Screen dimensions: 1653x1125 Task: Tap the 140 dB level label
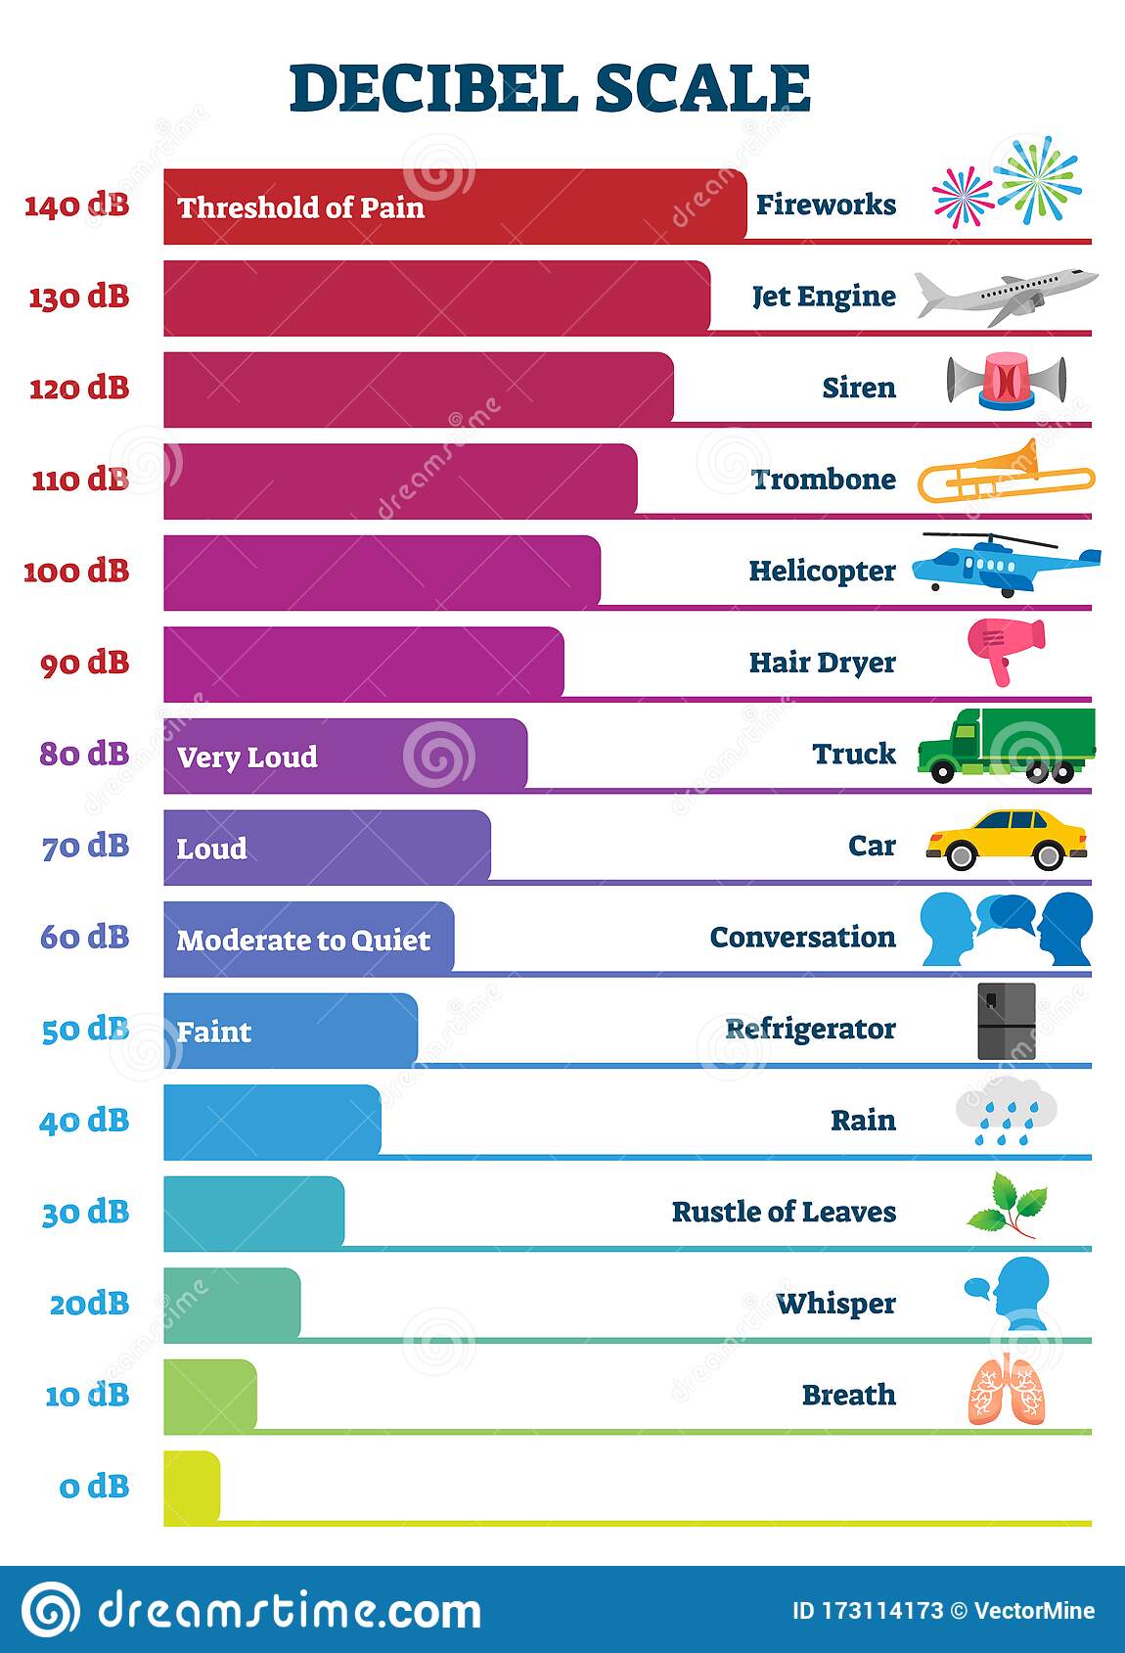click(76, 206)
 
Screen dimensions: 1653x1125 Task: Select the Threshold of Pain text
click(300, 207)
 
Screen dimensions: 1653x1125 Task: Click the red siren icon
click(1006, 381)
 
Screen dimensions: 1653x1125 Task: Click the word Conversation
click(802, 938)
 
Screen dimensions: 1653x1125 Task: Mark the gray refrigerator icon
click(1006, 1022)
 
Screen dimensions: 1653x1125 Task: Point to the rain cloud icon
click(1006, 1110)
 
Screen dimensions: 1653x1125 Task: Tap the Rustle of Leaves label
click(783, 1212)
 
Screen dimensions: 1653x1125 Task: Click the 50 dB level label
click(85, 1030)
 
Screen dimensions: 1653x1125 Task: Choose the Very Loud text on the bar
click(247, 757)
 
